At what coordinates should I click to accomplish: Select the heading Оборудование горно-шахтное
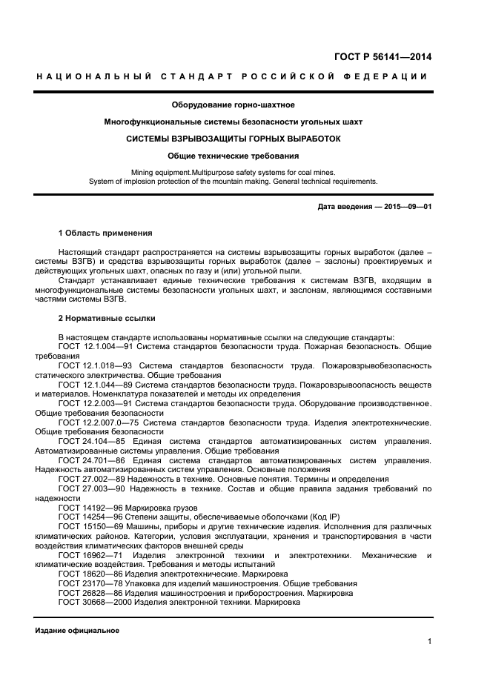[x=233, y=105]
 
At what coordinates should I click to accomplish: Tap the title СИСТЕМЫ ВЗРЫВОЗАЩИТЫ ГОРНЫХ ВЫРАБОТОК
[x=233, y=139]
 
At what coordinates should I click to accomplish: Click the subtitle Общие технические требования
[x=233, y=156]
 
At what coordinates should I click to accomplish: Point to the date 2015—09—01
[x=406, y=205]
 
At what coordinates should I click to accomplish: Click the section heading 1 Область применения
[x=105, y=233]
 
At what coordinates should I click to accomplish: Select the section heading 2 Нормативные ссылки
[x=107, y=318]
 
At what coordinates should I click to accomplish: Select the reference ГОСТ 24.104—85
[x=93, y=441]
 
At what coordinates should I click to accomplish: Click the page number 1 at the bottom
[x=429, y=642]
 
